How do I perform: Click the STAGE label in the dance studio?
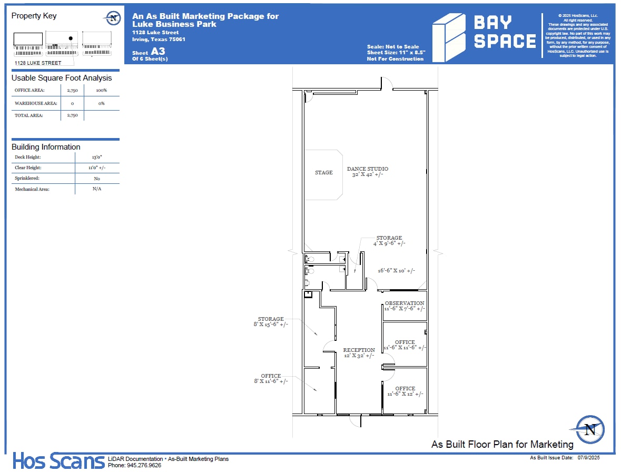(x=324, y=172)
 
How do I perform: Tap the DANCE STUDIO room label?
(x=367, y=169)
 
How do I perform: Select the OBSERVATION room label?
(x=404, y=303)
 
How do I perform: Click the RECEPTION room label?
(x=359, y=350)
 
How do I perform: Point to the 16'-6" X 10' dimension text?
(x=396, y=271)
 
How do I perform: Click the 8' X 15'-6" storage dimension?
(x=271, y=324)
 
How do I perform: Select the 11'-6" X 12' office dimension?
(x=405, y=394)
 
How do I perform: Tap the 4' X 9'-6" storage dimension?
(x=389, y=243)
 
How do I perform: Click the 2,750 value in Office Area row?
(x=72, y=91)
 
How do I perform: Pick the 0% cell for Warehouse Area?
(x=101, y=103)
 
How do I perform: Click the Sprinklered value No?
(x=97, y=179)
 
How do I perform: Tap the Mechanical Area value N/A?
(x=97, y=189)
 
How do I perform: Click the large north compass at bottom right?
(x=590, y=429)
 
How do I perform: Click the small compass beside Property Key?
(x=112, y=17)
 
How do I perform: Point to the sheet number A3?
(x=158, y=52)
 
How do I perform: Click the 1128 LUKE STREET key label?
(x=38, y=63)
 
